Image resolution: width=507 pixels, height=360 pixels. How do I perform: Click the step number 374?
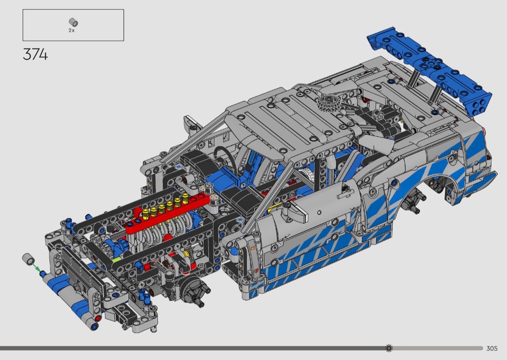(x=35, y=55)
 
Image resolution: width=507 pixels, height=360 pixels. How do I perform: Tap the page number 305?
(x=492, y=348)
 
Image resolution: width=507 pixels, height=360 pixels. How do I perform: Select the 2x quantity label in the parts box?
(x=71, y=30)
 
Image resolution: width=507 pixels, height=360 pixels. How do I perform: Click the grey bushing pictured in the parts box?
(x=73, y=22)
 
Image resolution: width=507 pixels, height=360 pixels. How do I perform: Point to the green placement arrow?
(x=36, y=267)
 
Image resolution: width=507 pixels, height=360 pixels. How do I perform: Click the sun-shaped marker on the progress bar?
(x=389, y=348)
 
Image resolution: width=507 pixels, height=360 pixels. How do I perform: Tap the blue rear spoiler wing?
(x=430, y=70)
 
